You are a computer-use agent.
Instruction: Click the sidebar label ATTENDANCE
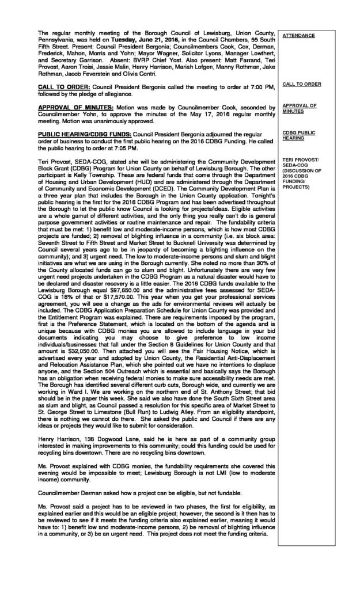298,36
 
